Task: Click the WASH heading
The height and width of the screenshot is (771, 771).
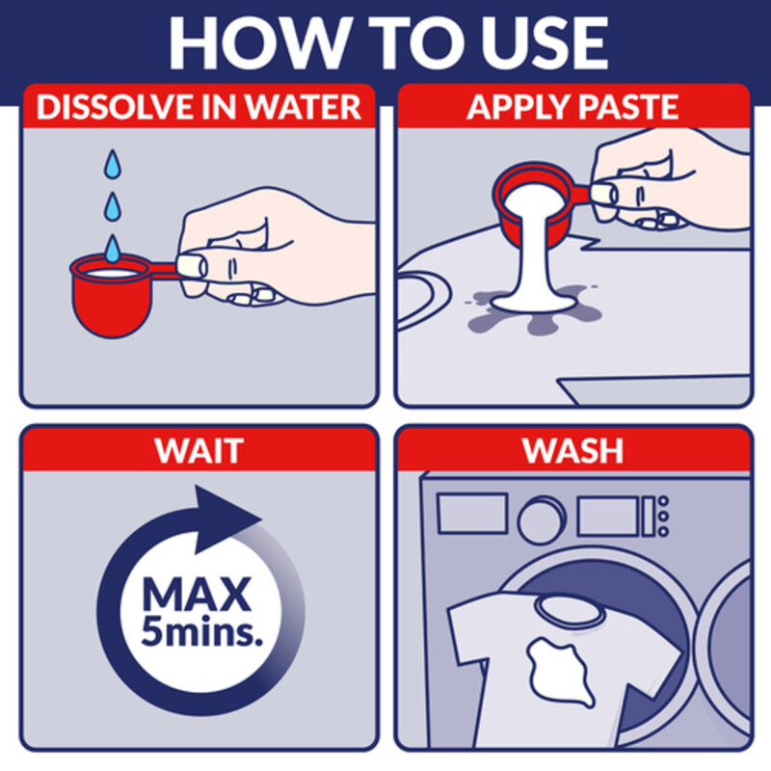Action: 572,450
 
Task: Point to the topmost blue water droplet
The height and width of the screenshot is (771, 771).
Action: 114,162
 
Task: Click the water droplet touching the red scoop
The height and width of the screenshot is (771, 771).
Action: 114,249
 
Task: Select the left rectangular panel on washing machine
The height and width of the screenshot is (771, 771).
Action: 472,514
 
